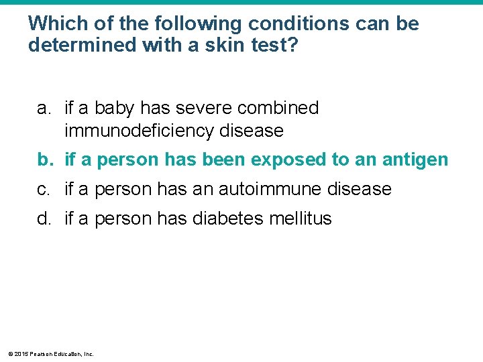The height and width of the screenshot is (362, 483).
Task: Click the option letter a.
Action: pyautogui.click(x=44, y=108)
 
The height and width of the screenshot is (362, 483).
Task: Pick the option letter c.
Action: pyautogui.click(x=44, y=189)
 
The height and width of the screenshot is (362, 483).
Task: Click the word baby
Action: pyautogui.click(x=116, y=108)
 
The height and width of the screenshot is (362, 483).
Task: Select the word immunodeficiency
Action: pyautogui.click(x=139, y=130)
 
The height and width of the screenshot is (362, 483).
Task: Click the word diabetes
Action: pyautogui.click(x=227, y=219)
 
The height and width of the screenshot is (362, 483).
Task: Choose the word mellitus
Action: pyautogui.click(x=299, y=219)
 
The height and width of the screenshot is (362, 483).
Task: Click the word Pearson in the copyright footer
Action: pyautogui.click(x=41, y=353)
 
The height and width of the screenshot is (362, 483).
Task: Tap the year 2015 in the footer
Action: pyautogui.click(x=21, y=353)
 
